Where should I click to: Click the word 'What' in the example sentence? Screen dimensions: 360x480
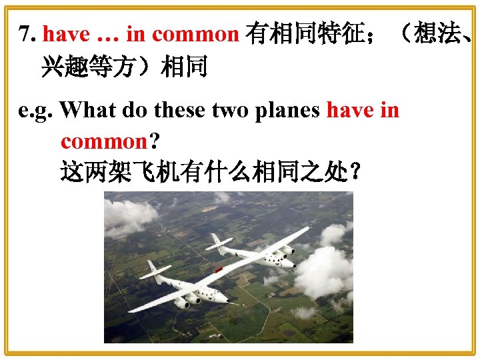tap(87, 111)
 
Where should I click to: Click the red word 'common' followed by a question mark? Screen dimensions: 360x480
tap(103, 141)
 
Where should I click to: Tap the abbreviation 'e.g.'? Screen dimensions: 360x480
tap(36, 111)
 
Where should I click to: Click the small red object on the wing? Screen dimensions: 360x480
tap(219, 269)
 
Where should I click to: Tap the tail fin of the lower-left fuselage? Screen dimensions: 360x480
tap(152, 267)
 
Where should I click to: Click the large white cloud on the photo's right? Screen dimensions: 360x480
tap(325, 270)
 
